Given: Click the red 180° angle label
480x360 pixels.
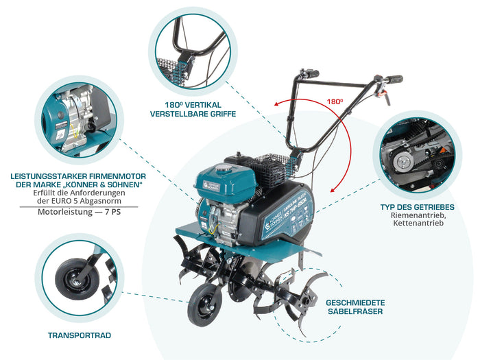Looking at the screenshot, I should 335,101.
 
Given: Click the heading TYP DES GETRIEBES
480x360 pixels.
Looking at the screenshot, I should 417,206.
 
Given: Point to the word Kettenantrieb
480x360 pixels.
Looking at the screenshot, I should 417,224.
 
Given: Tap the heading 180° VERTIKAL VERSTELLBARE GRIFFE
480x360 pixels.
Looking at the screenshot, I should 192,110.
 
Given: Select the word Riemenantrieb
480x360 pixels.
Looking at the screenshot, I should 417,215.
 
